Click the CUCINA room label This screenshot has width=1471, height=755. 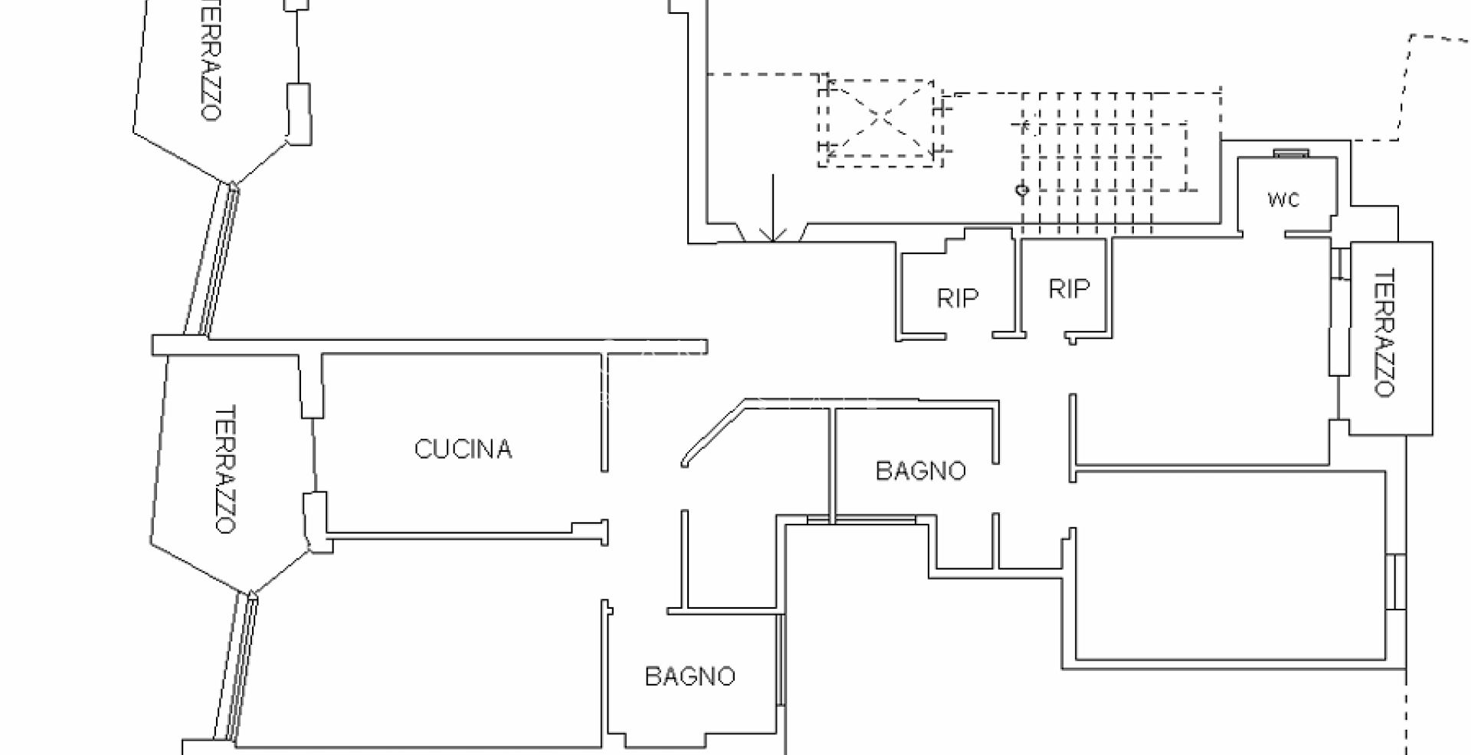[463, 449]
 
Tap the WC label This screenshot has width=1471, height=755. [1283, 200]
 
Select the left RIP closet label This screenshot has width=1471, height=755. [958, 298]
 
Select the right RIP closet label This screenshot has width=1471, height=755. [1069, 289]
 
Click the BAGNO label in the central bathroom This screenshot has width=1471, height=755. [920, 470]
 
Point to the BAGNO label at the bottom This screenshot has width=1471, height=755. [690, 676]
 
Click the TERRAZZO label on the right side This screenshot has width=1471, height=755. [1384, 332]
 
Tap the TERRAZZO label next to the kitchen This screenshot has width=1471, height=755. [224, 469]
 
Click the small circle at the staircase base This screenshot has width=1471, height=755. [1021, 189]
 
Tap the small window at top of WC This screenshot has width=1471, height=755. [1292, 154]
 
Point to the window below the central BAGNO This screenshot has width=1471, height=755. [862, 519]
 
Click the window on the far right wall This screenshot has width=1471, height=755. [1397, 582]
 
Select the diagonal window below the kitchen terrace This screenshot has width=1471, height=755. [239, 666]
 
